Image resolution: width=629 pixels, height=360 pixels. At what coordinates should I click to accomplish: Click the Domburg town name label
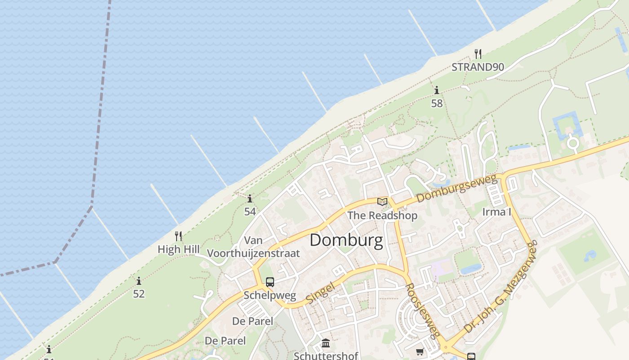point(346,240)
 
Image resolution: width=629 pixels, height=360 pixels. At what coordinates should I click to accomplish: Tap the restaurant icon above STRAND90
point(478,54)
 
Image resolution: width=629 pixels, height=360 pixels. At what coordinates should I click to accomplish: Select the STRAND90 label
point(478,67)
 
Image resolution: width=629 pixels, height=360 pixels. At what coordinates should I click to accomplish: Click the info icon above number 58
point(436,90)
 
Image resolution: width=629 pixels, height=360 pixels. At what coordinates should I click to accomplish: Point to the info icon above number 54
point(250,198)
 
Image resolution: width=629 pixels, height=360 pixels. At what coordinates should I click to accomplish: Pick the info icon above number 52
point(139,281)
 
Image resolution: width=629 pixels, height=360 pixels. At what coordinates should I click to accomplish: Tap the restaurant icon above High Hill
point(178,236)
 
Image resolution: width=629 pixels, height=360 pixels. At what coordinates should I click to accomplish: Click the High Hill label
point(178,249)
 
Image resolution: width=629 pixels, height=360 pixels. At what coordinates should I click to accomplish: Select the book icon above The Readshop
point(382,202)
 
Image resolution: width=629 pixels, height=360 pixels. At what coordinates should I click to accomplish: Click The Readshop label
point(382,216)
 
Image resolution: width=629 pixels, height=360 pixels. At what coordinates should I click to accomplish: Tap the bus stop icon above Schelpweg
point(270,282)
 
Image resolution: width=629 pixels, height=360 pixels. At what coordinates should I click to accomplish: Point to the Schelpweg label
point(270,296)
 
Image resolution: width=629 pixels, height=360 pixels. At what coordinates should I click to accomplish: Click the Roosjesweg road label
point(422,310)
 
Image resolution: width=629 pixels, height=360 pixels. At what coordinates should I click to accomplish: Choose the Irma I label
point(496,211)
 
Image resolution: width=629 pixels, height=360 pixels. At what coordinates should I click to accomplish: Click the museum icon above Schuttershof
point(326,344)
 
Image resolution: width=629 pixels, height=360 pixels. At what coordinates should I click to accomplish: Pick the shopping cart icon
point(420,351)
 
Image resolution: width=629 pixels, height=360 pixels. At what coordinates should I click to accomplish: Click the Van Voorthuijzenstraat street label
point(271,247)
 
